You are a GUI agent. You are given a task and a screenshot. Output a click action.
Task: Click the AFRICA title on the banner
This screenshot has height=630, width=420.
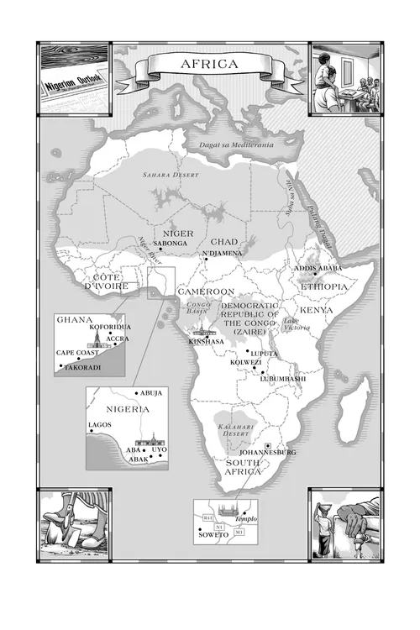[209, 64]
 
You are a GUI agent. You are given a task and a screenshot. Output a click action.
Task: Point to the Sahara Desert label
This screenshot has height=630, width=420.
[164, 176]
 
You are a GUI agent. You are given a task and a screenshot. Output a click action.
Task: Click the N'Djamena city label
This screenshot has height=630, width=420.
[223, 252]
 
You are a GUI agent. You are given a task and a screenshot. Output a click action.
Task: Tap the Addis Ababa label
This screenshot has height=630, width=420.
[318, 268]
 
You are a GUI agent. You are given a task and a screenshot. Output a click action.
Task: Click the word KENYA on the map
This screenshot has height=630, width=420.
[316, 310]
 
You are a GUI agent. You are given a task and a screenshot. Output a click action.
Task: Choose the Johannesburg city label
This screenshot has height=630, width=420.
[268, 453]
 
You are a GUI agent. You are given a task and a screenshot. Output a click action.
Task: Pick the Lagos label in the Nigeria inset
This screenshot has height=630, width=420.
[99, 426]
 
